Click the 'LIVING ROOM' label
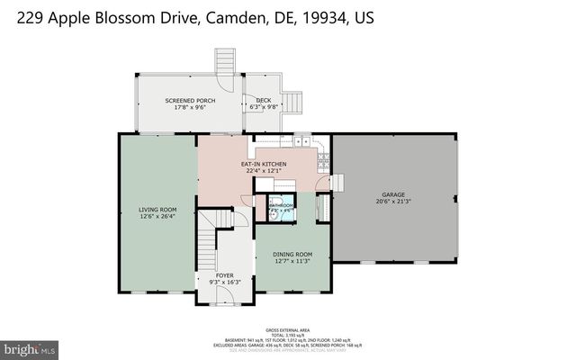pyautogui.click(x=156, y=210)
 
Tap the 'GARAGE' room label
pyautogui.click(x=392, y=193)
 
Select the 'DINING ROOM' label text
pyautogui.click(x=292, y=255)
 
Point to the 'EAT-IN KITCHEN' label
pyautogui.click(x=264, y=164)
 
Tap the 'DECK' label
pyautogui.click(x=264, y=100)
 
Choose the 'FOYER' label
pyautogui.click(x=223, y=274)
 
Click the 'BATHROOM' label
pyautogui.click(x=282, y=205)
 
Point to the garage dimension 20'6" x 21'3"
pyautogui.click(x=392, y=201)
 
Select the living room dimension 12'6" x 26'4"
pyautogui.click(x=156, y=217)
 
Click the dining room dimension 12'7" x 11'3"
pyautogui.click(x=292, y=262)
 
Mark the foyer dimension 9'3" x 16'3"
pyautogui.click(x=223, y=282)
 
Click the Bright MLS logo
pyautogui.click(x=31, y=346)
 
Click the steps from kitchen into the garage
pyautogui.click(x=337, y=184)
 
